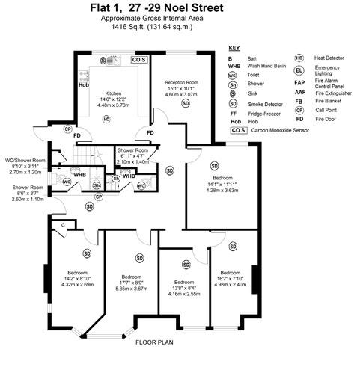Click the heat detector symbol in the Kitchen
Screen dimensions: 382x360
pyautogui.click(x=106, y=118)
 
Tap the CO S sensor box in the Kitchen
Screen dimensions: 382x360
pyautogui.click(x=138, y=58)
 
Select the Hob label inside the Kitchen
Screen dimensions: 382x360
pyautogui.click(x=84, y=84)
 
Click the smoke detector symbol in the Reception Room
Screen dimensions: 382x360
pyautogui.click(x=185, y=104)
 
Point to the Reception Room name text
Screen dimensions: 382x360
pyautogui.click(x=181, y=82)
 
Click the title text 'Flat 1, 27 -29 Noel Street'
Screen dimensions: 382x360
pyautogui.click(x=180, y=9)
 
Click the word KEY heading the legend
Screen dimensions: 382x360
pyautogui.click(x=235, y=47)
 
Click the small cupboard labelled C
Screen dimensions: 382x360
pyautogui.click(x=63, y=225)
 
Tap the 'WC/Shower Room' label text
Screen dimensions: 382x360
pyautogui.click(x=25, y=160)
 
